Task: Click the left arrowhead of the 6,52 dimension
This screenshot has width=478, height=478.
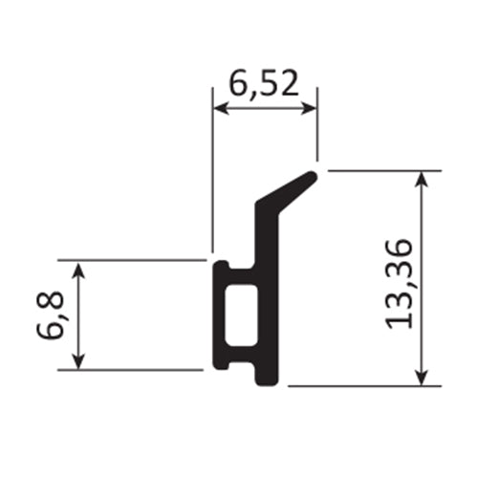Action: (x=219, y=109)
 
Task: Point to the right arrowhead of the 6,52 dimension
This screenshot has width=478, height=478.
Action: (x=310, y=109)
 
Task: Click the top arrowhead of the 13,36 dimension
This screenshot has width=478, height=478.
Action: (x=422, y=179)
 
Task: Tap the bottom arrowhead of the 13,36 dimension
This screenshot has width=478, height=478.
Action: (x=422, y=379)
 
